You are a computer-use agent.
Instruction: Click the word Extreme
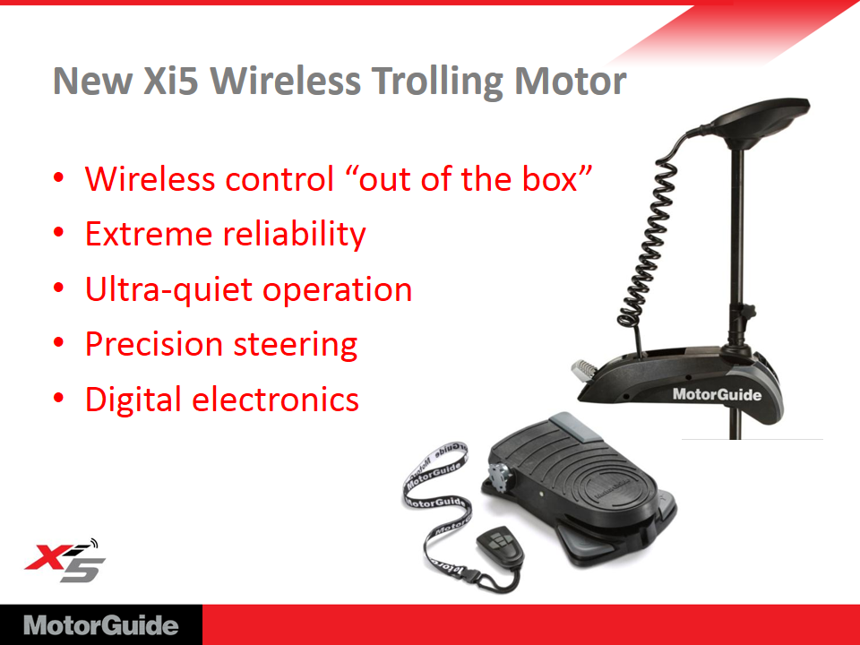tap(149, 234)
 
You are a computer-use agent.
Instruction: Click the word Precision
tap(153, 345)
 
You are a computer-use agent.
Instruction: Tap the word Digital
tap(133, 400)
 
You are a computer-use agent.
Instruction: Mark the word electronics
tap(275, 400)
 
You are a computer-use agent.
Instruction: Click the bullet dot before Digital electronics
tap(59, 398)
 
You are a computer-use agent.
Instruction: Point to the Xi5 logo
tap(65, 561)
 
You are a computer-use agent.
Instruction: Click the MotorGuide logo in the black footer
tap(101, 626)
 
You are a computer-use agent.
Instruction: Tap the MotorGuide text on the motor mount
tap(717, 394)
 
